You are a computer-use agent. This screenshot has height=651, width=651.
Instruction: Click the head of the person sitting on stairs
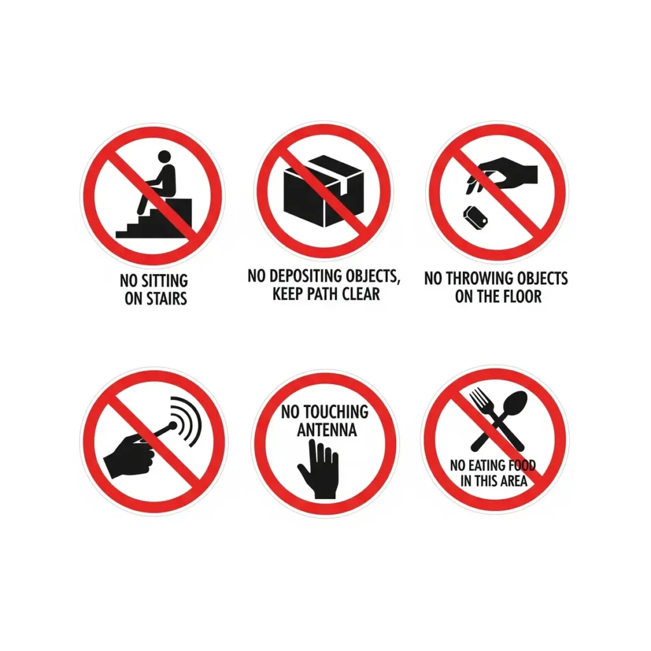click(x=165, y=156)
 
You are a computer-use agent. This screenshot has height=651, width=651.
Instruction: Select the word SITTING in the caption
click(x=165, y=280)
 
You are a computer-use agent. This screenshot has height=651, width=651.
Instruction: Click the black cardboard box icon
click(x=324, y=191)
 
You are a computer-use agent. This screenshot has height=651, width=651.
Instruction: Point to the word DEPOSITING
click(x=299, y=276)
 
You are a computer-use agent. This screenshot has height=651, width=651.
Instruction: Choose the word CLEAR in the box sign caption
click(x=361, y=294)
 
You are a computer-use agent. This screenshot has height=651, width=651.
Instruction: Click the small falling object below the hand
click(x=475, y=217)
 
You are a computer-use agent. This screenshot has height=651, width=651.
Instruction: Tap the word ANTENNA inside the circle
click(x=327, y=430)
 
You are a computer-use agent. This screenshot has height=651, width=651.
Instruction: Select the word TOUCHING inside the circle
click(x=336, y=412)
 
